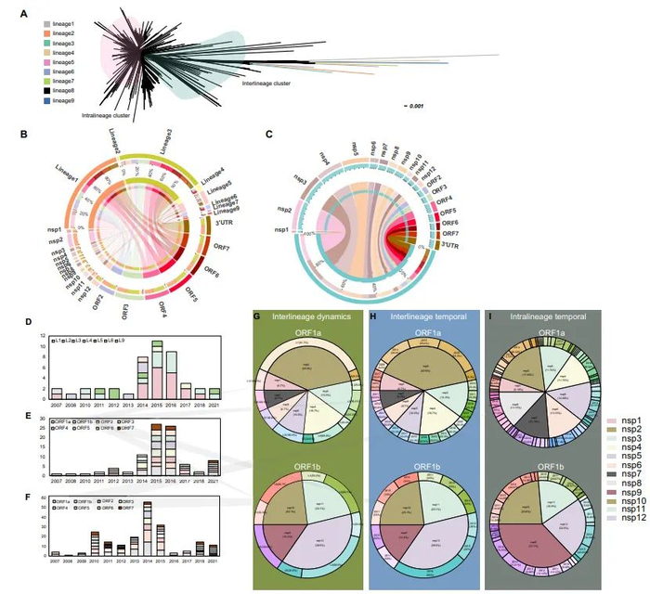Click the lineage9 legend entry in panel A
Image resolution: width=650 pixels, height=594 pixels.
64,100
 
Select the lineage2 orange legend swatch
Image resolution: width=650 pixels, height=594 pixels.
47,32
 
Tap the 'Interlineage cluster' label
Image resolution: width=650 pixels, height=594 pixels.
266,84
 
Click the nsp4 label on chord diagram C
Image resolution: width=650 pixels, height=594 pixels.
325,153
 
